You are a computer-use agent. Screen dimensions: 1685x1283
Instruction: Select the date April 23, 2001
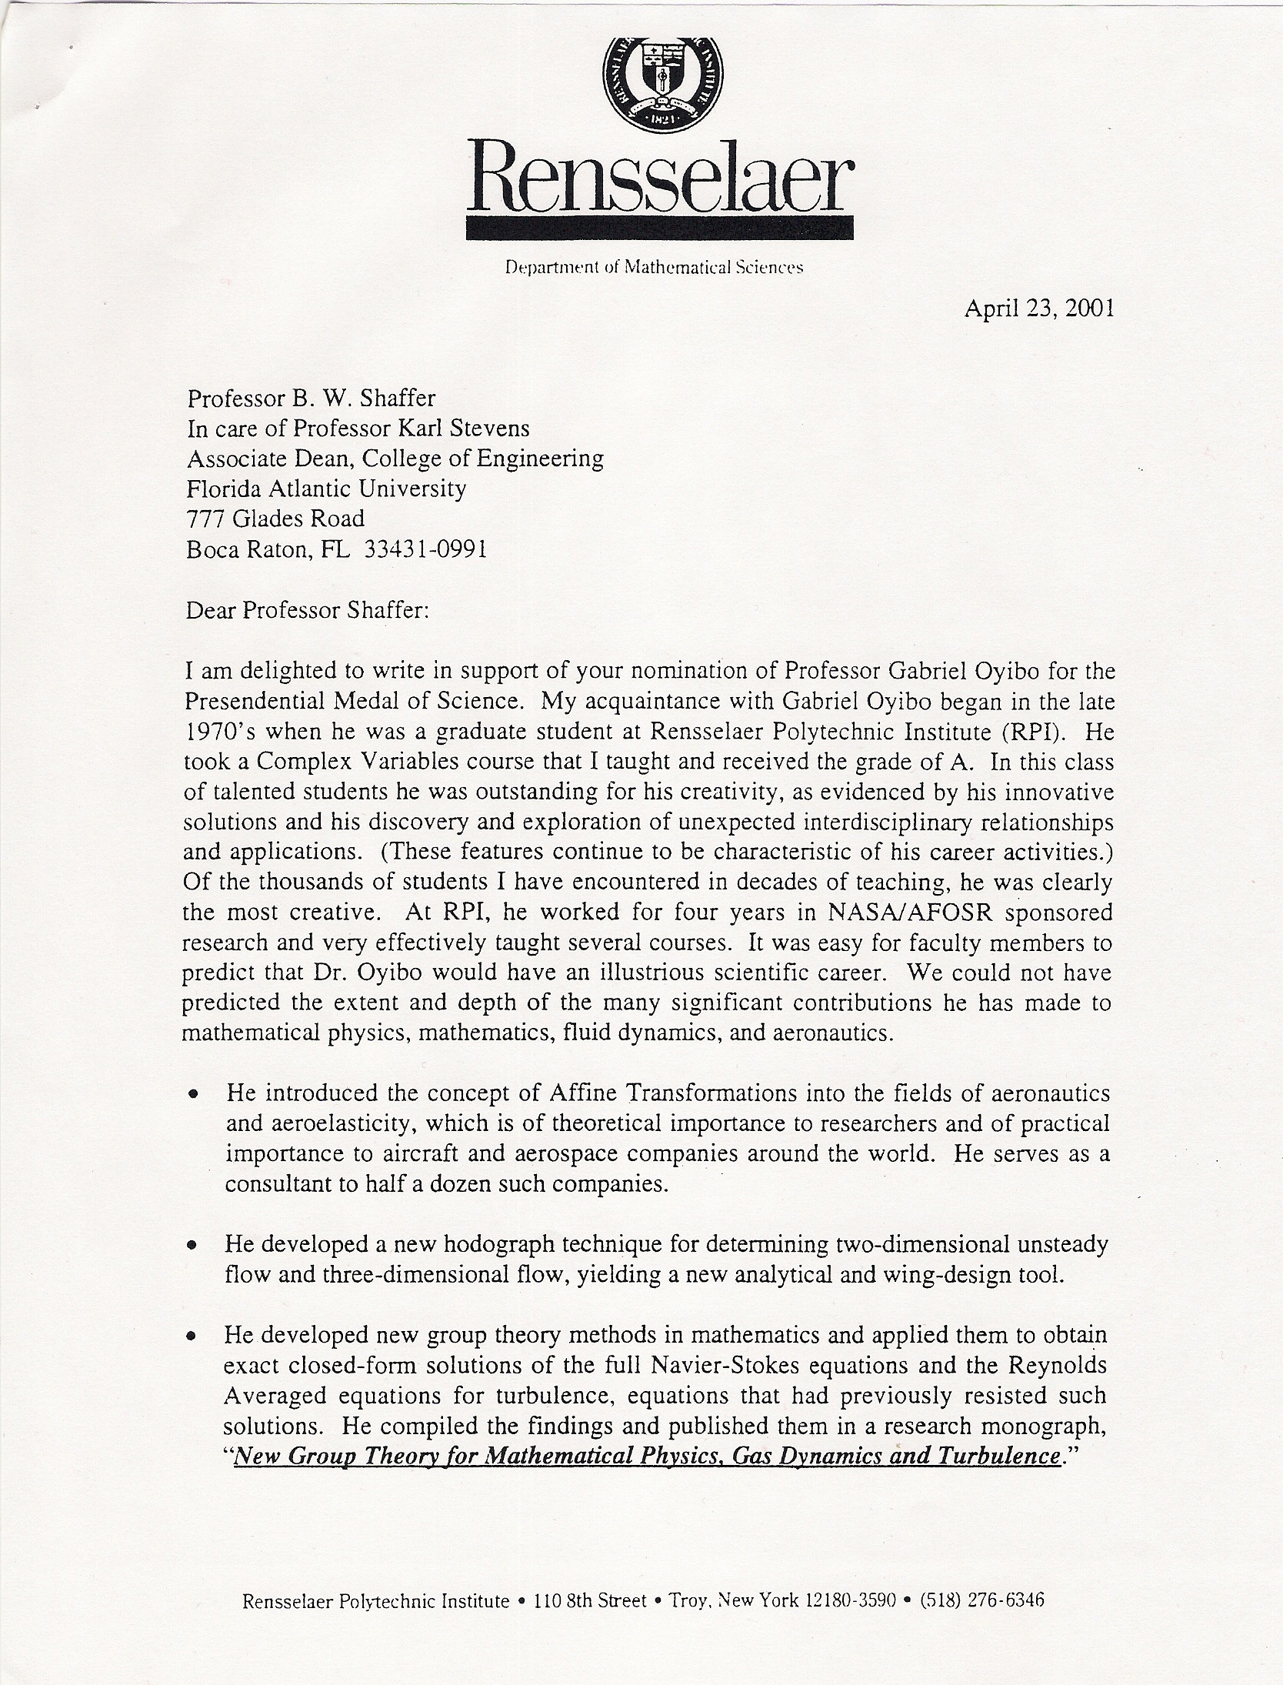tap(1038, 309)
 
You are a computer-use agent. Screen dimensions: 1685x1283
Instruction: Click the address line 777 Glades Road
tap(275, 519)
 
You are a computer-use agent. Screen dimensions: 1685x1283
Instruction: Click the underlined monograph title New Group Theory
tap(645, 1456)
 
